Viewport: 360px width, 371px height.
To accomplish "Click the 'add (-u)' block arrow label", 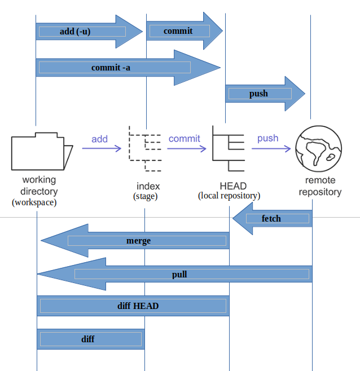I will (x=75, y=32).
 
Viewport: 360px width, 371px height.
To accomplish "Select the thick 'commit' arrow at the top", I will (x=178, y=31).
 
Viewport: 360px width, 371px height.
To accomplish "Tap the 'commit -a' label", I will (x=112, y=68).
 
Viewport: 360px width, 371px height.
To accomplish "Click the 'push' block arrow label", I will (x=258, y=94).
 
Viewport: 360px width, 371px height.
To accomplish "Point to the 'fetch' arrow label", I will (x=271, y=218).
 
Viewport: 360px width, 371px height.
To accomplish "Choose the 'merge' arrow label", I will (x=138, y=241).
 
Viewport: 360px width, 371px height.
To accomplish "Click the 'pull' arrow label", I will (x=179, y=275).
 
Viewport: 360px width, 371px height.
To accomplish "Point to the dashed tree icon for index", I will (x=146, y=149).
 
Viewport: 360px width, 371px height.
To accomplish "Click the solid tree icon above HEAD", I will (x=229, y=149).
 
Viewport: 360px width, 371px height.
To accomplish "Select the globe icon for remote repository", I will (x=319, y=147).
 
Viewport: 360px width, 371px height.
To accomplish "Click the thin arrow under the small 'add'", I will (x=102, y=149).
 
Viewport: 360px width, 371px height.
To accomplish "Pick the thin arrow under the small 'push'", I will (x=271, y=149).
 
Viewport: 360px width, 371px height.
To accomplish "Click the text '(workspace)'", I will (x=34, y=201).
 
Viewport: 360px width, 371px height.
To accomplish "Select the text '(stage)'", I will (x=145, y=196).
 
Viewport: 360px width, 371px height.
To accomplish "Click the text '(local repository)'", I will (x=229, y=196).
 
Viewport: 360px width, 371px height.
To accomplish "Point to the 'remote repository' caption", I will (x=320, y=186).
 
